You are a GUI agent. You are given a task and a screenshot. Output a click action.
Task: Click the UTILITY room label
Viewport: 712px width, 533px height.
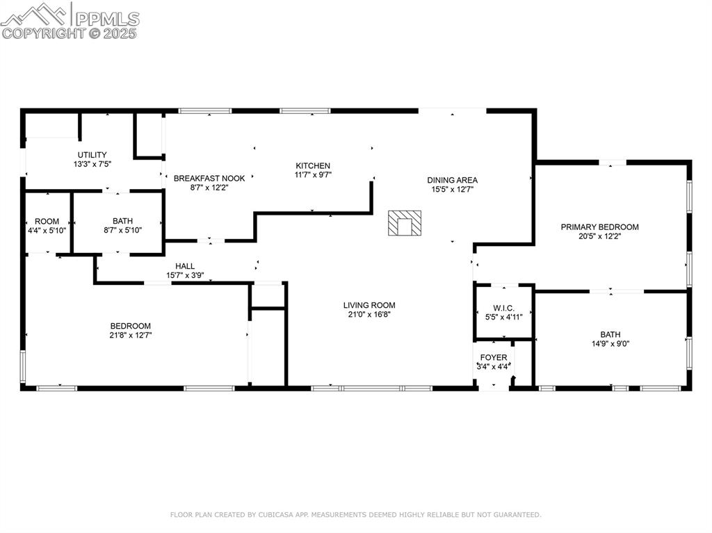[92, 155]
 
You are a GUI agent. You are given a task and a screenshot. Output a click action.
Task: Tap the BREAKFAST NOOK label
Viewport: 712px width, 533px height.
[209, 179]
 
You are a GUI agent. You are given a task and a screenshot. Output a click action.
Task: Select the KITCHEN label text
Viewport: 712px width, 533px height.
[313, 165]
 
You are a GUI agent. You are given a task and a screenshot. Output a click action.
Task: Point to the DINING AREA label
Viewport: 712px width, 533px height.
[452, 180]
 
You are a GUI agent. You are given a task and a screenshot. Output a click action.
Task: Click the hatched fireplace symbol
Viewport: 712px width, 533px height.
[405, 223]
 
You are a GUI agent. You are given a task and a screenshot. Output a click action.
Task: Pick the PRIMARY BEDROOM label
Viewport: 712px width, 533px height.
[600, 227]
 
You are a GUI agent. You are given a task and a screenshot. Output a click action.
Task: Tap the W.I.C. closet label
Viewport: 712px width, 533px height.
[504, 309]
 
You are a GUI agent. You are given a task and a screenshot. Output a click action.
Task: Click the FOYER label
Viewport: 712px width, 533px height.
[494, 358]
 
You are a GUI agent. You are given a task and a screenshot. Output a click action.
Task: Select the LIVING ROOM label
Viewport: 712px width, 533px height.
[369, 306]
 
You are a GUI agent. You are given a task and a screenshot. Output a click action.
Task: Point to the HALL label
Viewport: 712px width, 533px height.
[185, 266]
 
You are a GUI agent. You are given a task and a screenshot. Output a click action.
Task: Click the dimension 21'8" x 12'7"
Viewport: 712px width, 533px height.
[131, 336]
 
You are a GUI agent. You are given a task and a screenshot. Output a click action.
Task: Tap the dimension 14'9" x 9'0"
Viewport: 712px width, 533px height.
[610, 344]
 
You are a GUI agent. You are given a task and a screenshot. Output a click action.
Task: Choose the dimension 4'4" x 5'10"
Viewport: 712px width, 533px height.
[47, 231]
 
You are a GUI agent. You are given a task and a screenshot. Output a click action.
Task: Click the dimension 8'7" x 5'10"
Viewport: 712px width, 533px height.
[122, 230]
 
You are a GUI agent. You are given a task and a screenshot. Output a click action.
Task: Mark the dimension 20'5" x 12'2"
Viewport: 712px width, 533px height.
[600, 236]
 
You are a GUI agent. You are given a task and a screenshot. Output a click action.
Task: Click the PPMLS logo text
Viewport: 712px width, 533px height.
[107, 19]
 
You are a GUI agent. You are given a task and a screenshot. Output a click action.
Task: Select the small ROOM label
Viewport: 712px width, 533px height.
[47, 222]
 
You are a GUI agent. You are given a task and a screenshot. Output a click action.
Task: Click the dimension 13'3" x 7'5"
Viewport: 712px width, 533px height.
[92, 165]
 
